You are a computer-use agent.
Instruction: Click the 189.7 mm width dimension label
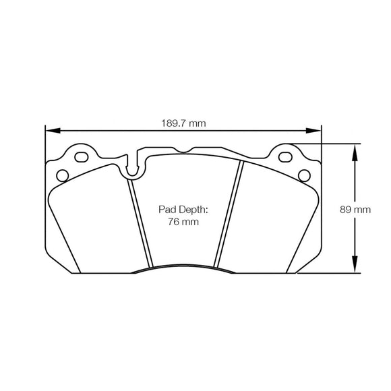pos(183,123)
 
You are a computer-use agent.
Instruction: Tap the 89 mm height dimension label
pos(356,210)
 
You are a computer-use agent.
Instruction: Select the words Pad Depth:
pos(183,210)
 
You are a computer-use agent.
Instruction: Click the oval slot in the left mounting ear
pos(80,158)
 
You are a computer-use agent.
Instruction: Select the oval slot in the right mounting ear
pos(287,159)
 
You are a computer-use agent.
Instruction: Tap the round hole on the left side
pos(62,176)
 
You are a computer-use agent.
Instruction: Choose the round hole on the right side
pos(305,176)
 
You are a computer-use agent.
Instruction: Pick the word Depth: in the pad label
pos(194,210)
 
